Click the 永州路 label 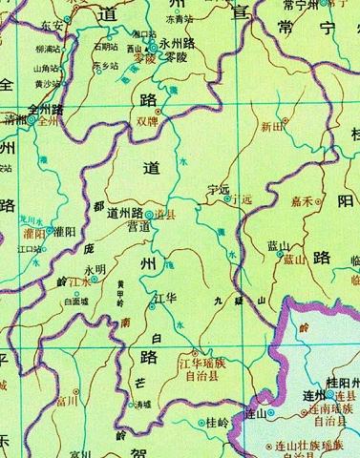[x=162, y=43]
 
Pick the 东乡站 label [x=108, y=65]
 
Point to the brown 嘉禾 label [x=304, y=201]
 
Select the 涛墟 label [x=143, y=405]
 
